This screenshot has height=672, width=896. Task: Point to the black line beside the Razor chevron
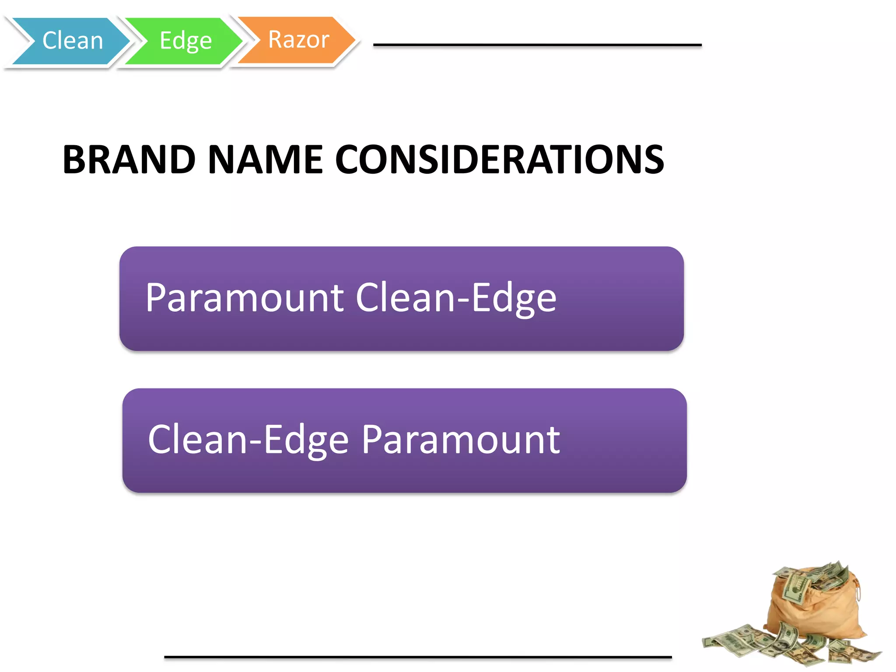[537, 45]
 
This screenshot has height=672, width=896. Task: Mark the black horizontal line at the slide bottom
[418, 657]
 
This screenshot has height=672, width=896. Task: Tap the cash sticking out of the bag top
[814, 577]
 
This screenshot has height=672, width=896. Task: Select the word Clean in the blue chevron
[73, 41]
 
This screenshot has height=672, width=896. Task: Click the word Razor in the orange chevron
[298, 40]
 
